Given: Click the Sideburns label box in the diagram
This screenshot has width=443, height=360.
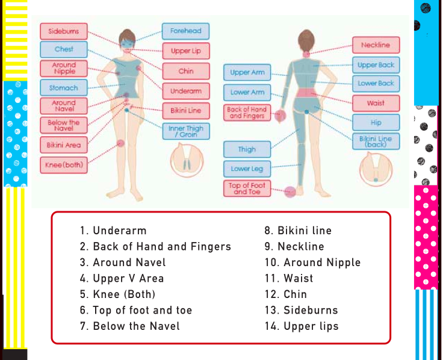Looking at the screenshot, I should [63, 31].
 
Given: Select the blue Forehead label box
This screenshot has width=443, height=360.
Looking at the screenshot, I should [185, 31].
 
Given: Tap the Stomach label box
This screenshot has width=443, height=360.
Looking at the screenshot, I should [63, 88].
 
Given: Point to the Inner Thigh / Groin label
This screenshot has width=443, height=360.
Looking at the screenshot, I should [185, 131].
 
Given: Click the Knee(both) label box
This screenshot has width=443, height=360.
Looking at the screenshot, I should [63, 164].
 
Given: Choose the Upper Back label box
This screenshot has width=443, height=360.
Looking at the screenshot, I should [376, 64].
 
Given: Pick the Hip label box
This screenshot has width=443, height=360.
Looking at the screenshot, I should [376, 122].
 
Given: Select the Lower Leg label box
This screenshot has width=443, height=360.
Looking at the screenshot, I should [247, 169].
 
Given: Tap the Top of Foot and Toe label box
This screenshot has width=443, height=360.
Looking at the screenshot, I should [247, 188].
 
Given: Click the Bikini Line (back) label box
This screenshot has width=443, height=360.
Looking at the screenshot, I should [376, 141].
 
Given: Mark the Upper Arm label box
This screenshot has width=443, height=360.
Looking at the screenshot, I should [247, 72].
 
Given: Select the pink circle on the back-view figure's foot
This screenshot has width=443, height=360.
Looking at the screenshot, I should [290, 191].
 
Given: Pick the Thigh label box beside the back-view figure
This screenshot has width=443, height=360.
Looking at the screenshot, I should [247, 149].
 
